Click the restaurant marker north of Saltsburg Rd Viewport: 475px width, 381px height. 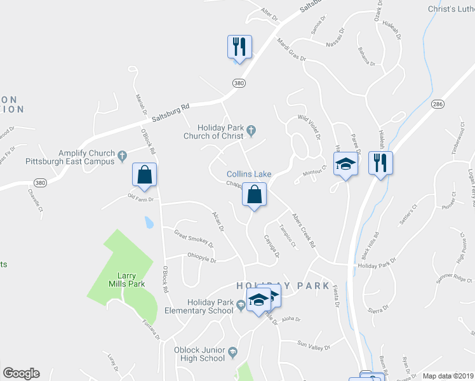(239, 47)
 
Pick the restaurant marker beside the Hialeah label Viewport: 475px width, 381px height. (380, 164)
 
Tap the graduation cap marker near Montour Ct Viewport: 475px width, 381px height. (345, 164)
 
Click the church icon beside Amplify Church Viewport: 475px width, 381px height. (121, 153)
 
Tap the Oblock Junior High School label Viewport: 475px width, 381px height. (199, 354)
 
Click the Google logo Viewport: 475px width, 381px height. (21, 373)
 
